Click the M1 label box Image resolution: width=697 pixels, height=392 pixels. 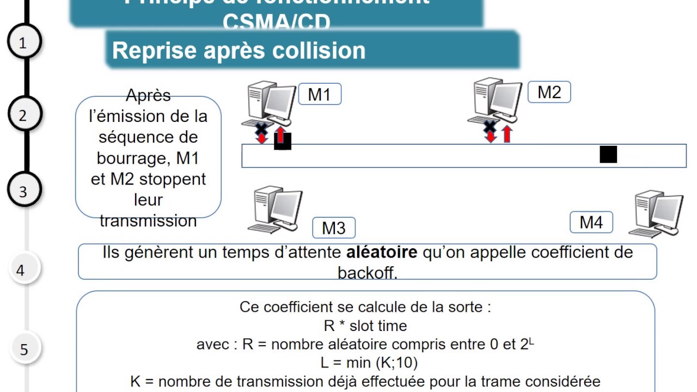point(320,94)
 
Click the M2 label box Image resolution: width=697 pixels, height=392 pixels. point(549,93)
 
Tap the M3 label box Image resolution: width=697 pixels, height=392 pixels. point(334,228)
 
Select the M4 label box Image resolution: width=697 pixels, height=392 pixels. point(591,222)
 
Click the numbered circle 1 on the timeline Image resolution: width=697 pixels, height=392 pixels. point(23,43)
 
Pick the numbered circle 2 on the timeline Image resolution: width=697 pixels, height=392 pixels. point(23,115)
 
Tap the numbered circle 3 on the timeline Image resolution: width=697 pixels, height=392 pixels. point(23,191)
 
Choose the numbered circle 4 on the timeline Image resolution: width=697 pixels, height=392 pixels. point(21,270)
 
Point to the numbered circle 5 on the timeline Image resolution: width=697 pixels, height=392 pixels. point(24,349)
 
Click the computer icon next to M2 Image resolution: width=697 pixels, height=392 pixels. point(496,100)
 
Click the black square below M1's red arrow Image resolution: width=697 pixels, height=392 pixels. point(283,142)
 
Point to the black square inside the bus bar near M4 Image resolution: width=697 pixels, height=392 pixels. point(608,155)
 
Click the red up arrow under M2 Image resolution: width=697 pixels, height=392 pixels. point(507,134)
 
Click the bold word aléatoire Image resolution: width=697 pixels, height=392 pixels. point(382,253)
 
